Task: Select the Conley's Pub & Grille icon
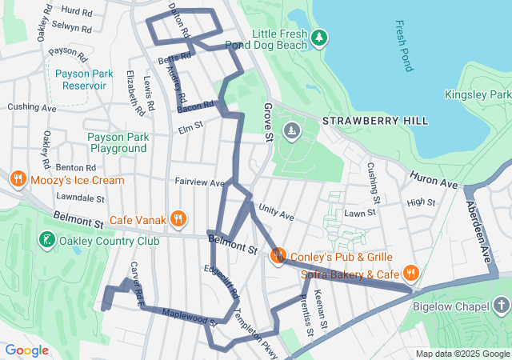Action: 278,256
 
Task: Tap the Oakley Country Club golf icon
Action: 46,239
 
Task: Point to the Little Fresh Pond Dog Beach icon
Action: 319,38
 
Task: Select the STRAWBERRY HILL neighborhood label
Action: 374,121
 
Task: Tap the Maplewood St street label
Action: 189,318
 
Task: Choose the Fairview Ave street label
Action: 199,182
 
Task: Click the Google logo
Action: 27,350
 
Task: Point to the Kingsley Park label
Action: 477,94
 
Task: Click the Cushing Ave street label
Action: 32,107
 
